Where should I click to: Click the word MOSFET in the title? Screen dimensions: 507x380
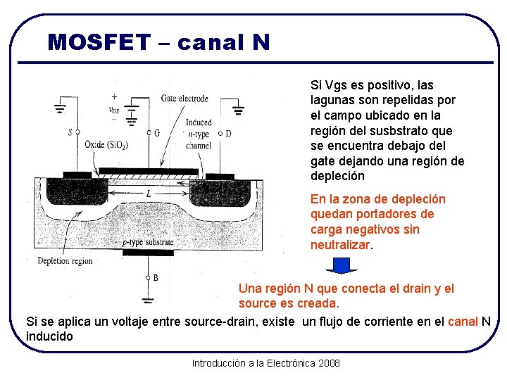click(x=99, y=42)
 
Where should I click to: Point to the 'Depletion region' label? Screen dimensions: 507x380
click(x=65, y=260)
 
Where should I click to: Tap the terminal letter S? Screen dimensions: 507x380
click(x=70, y=132)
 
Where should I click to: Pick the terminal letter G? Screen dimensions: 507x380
click(x=156, y=132)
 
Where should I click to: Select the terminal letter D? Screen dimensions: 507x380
click(x=228, y=133)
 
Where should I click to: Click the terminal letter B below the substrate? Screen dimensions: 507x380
click(x=155, y=278)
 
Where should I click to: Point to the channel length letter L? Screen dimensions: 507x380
click(x=148, y=192)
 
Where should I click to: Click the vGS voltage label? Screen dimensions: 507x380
click(x=113, y=109)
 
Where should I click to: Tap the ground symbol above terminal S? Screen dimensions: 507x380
click(x=59, y=110)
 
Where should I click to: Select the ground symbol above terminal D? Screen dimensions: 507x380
click(x=239, y=110)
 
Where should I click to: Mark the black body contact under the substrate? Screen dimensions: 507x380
click(x=147, y=253)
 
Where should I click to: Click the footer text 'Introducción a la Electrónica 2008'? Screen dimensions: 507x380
click(x=265, y=363)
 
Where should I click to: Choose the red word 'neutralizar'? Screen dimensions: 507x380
click(x=340, y=245)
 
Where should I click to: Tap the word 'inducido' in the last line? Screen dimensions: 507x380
click(x=49, y=336)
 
